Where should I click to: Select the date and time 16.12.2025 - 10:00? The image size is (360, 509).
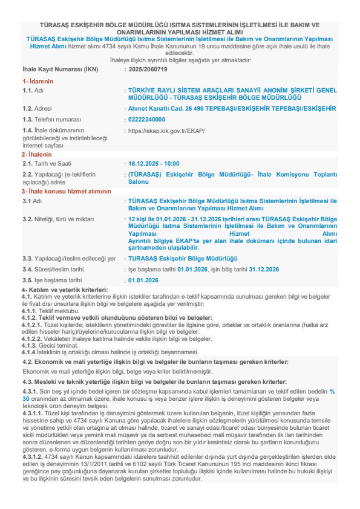[154, 163]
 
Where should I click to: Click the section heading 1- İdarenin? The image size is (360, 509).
[38, 80]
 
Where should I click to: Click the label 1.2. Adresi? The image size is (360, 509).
[37, 109]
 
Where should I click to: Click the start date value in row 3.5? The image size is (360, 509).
[143, 280]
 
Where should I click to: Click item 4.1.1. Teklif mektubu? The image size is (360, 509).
[46, 311]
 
